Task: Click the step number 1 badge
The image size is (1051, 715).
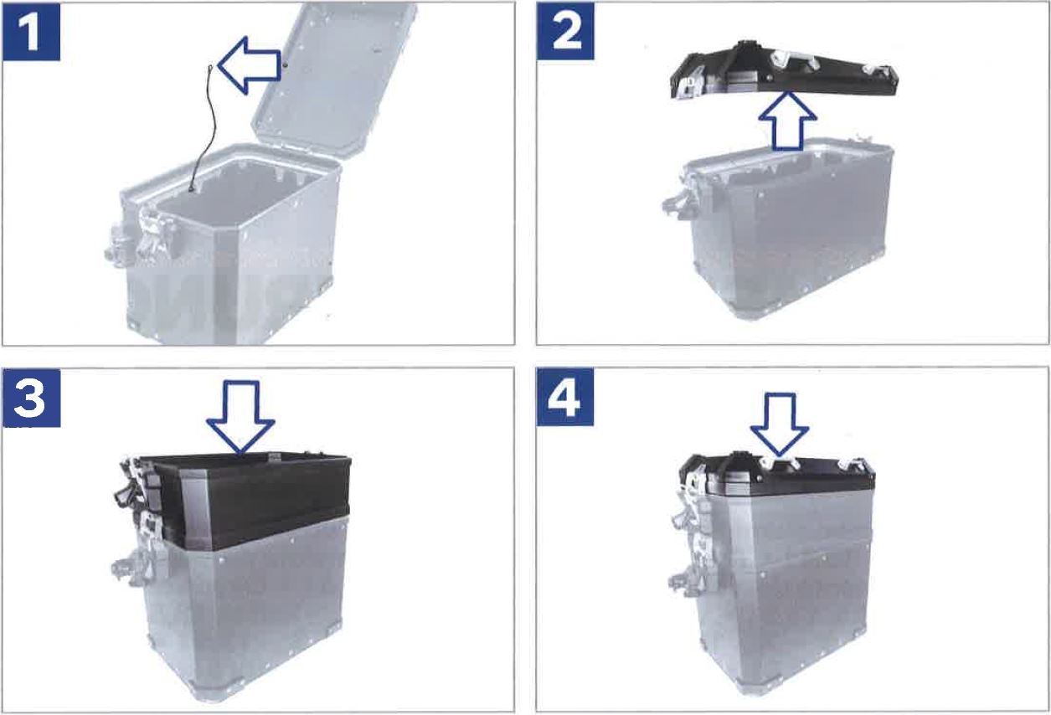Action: [31, 32]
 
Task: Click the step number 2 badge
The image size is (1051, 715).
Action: [565, 31]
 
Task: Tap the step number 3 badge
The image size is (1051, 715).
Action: [31, 398]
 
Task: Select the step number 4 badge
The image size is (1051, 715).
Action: [565, 397]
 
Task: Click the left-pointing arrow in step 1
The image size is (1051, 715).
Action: [249, 65]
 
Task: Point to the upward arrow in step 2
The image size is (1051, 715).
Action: [788, 121]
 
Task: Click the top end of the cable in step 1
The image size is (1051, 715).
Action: [210, 67]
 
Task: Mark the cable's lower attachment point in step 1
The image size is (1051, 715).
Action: [193, 190]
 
